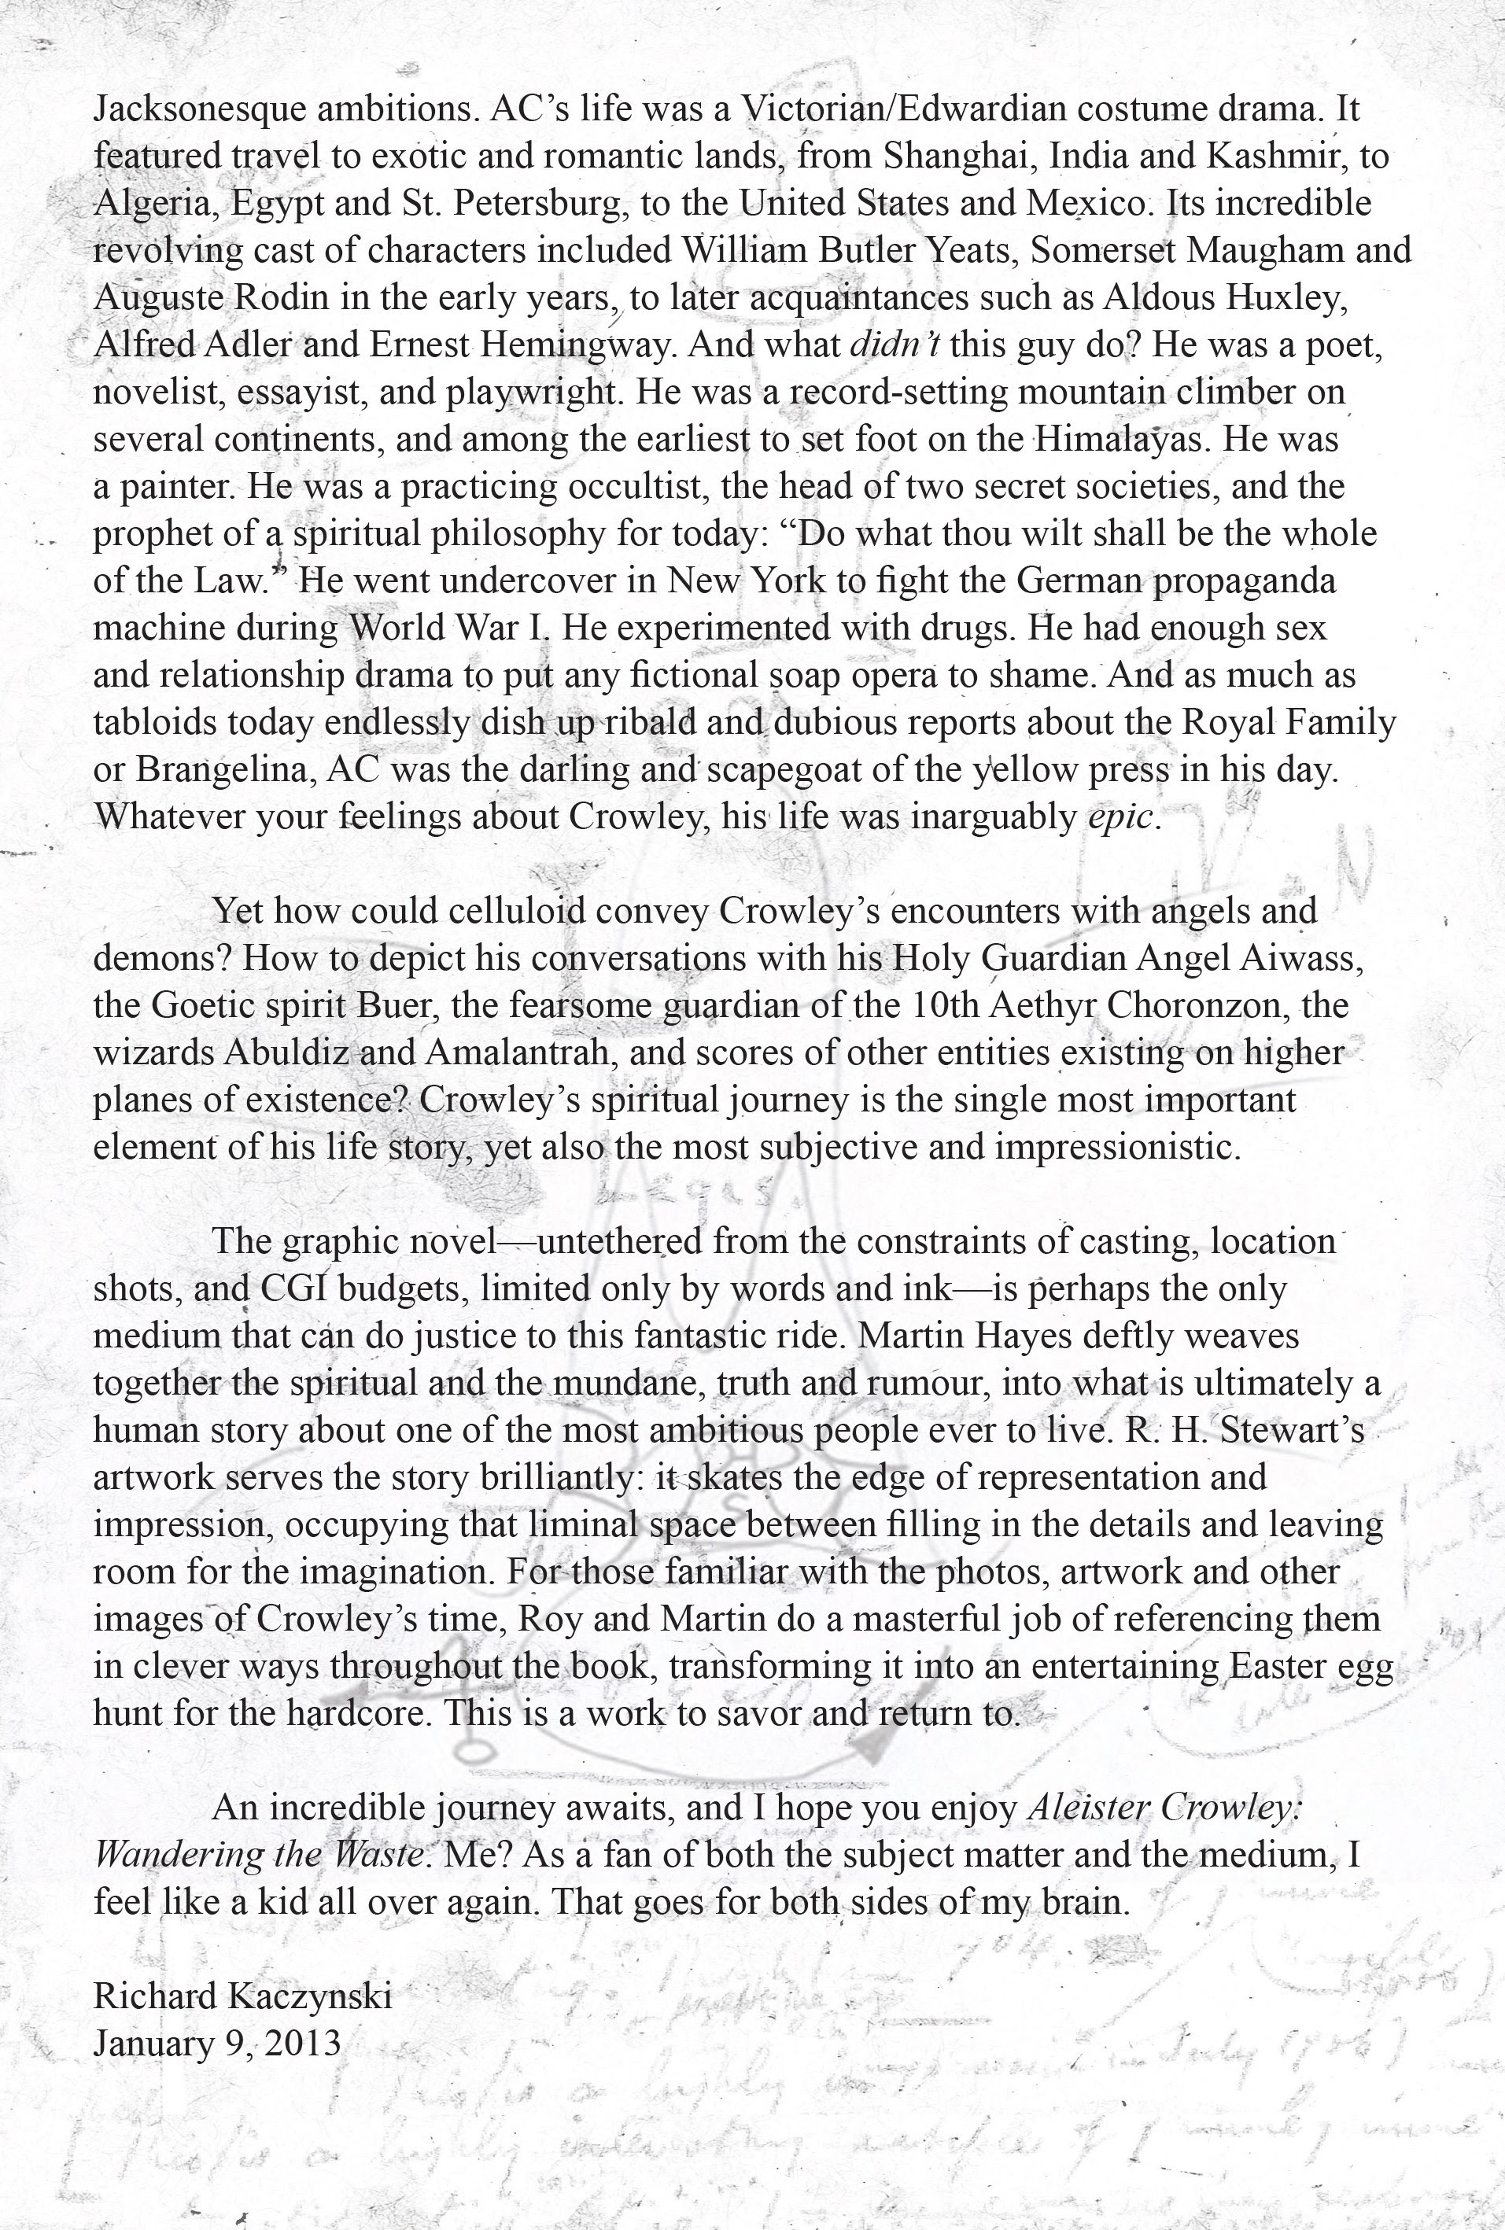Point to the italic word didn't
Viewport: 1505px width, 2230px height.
[x=895, y=345]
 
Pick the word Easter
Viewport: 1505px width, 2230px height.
[x=1274, y=1667]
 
